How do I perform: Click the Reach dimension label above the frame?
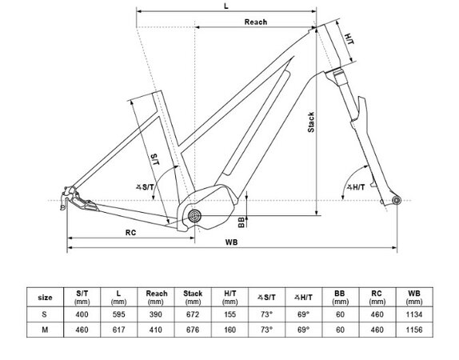click(256, 22)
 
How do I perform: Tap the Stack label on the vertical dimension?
click(311, 122)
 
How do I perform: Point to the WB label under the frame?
click(232, 242)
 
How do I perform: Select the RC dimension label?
click(130, 233)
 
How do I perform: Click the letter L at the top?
click(226, 6)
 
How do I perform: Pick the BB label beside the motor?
click(241, 222)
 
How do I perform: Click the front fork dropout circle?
click(397, 201)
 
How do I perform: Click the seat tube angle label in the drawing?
click(145, 186)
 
